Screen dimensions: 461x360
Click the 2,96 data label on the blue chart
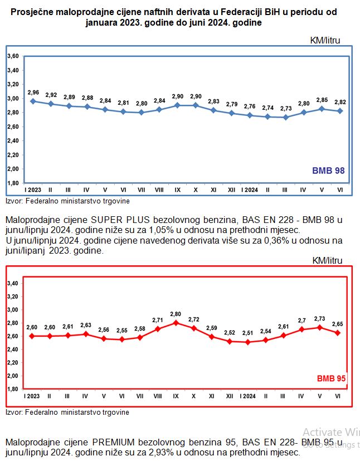33,93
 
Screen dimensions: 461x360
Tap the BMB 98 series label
328,171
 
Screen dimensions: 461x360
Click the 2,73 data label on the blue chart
285,108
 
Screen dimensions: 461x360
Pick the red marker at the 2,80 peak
176,323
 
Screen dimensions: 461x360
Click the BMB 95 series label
332,378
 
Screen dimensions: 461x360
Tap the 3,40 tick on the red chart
12,283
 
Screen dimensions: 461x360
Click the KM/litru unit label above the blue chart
325,40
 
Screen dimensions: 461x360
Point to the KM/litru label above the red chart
328,260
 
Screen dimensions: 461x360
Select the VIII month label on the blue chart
159,190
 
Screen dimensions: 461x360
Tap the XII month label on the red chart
230,396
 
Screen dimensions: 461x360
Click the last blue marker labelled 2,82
339,111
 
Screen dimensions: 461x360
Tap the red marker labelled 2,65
337,333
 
